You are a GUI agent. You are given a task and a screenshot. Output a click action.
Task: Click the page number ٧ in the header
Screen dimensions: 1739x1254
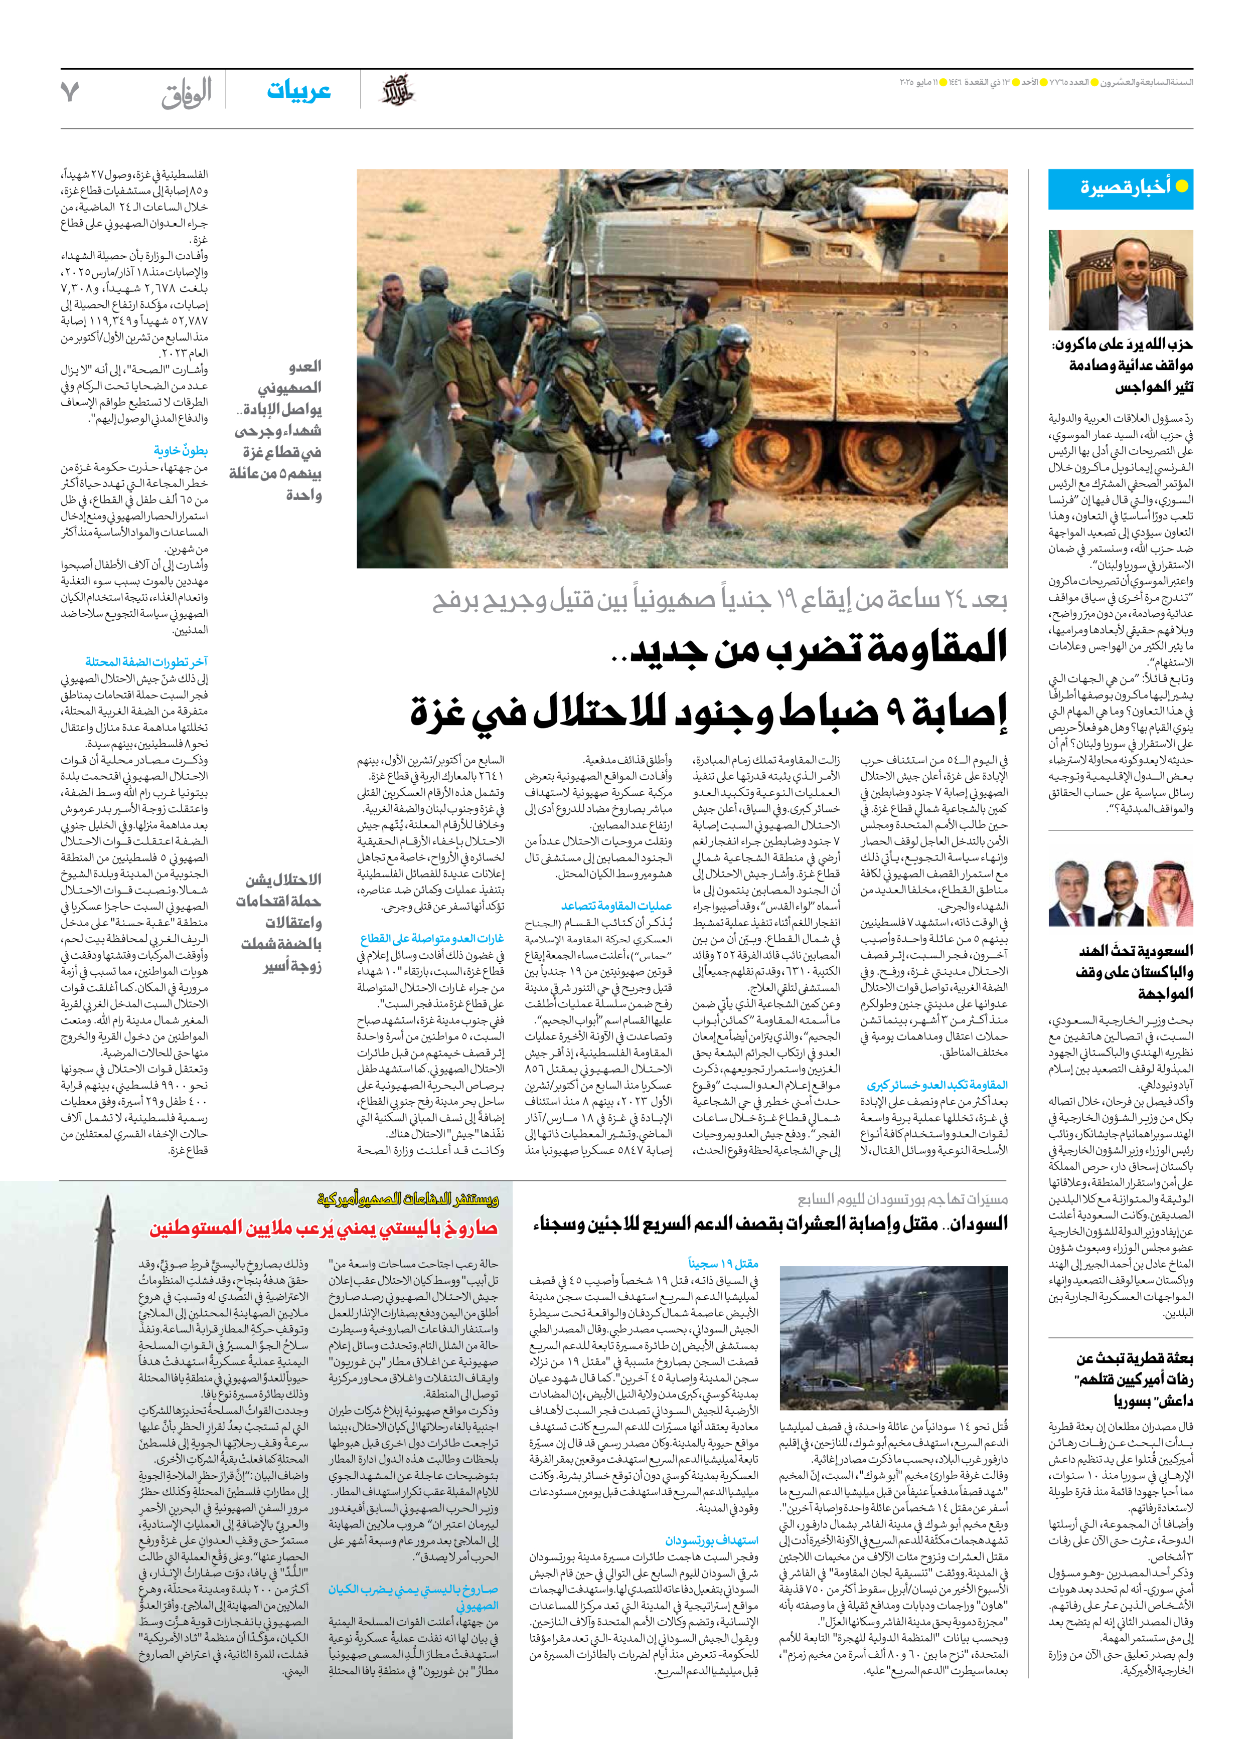70,92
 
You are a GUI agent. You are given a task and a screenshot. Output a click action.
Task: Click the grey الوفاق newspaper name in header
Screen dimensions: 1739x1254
187,93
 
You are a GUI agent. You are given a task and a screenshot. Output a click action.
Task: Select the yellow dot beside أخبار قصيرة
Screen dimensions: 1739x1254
1182,187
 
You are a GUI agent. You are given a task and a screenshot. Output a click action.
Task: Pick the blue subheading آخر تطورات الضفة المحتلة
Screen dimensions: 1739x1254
146,662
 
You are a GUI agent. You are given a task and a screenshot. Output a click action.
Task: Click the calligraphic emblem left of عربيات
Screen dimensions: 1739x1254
398,92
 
